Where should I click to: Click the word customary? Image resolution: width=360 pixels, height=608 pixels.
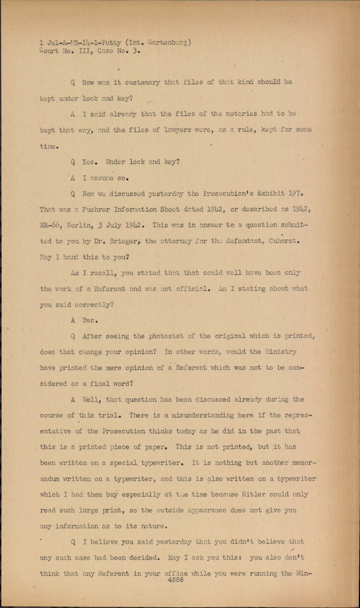[x=142, y=82]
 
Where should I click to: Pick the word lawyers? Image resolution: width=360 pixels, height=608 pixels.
[x=180, y=130]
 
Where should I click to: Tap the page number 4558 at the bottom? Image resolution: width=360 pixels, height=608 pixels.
[x=175, y=580]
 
